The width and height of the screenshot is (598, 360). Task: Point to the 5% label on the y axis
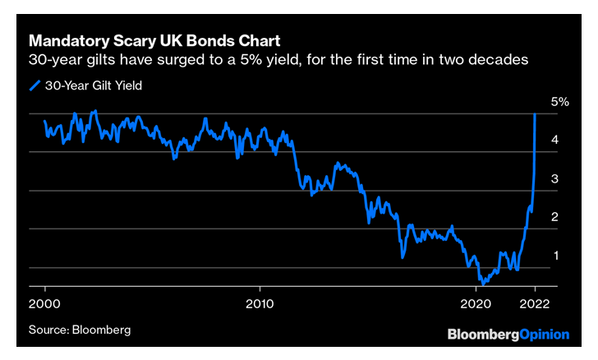pyautogui.click(x=559, y=102)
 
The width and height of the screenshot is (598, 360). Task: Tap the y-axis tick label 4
pyautogui.click(x=555, y=141)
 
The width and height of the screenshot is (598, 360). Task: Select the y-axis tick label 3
pyautogui.click(x=555, y=179)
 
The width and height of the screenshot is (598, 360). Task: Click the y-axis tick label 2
pyautogui.click(x=555, y=217)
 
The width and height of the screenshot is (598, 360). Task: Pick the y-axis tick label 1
pyautogui.click(x=555, y=256)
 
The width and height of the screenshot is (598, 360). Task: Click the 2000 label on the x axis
pyautogui.click(x=44, y=302)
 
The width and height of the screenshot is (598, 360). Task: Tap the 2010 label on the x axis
pyautogui.click(x=260, y=302)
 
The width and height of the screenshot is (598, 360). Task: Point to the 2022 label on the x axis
pyautogui.click(x=535, y=302)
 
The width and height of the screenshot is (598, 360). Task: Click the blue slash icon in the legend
pyautogui.click(x=34, y=85)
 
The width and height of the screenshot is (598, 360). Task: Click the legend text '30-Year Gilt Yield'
pyautogui.click(x=96, y=85)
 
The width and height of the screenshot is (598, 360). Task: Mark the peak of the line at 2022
pyautogui.click(x=535, y=114)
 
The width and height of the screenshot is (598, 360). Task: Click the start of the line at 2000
pyautogui.click(x=44, y=121)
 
